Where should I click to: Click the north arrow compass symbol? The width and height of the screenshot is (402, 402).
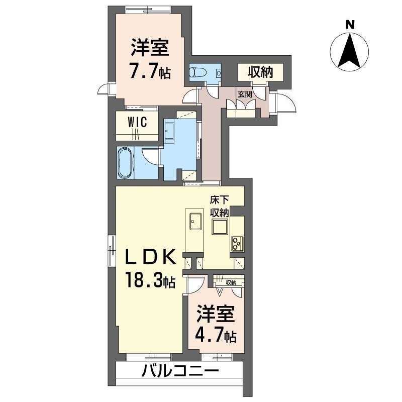click(x=350, y=50)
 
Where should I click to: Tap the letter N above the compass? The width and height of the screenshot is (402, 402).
click(x=350, y=24)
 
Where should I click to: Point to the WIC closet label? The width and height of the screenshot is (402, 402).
click(x=137, y=123)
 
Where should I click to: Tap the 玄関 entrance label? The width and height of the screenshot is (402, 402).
click(x=245, y=94)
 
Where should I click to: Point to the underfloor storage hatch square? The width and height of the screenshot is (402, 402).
click(x=220, y=228)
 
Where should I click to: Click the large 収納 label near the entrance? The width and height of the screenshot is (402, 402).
click(x=260, y=72)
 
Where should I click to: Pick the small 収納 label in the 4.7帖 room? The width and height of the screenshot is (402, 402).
click(x=231, y=283)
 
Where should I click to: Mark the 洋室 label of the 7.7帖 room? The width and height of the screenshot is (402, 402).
click(x=150, y=49)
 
